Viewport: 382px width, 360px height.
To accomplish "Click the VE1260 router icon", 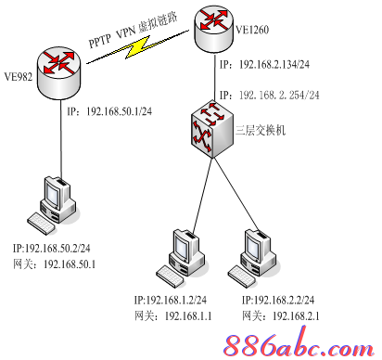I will [215, 25].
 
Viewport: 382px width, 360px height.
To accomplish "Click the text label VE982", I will [19, 76].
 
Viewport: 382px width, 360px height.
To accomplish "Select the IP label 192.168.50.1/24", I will [110, 109].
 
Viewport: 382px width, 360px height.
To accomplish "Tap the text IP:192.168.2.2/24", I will [278, 301].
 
